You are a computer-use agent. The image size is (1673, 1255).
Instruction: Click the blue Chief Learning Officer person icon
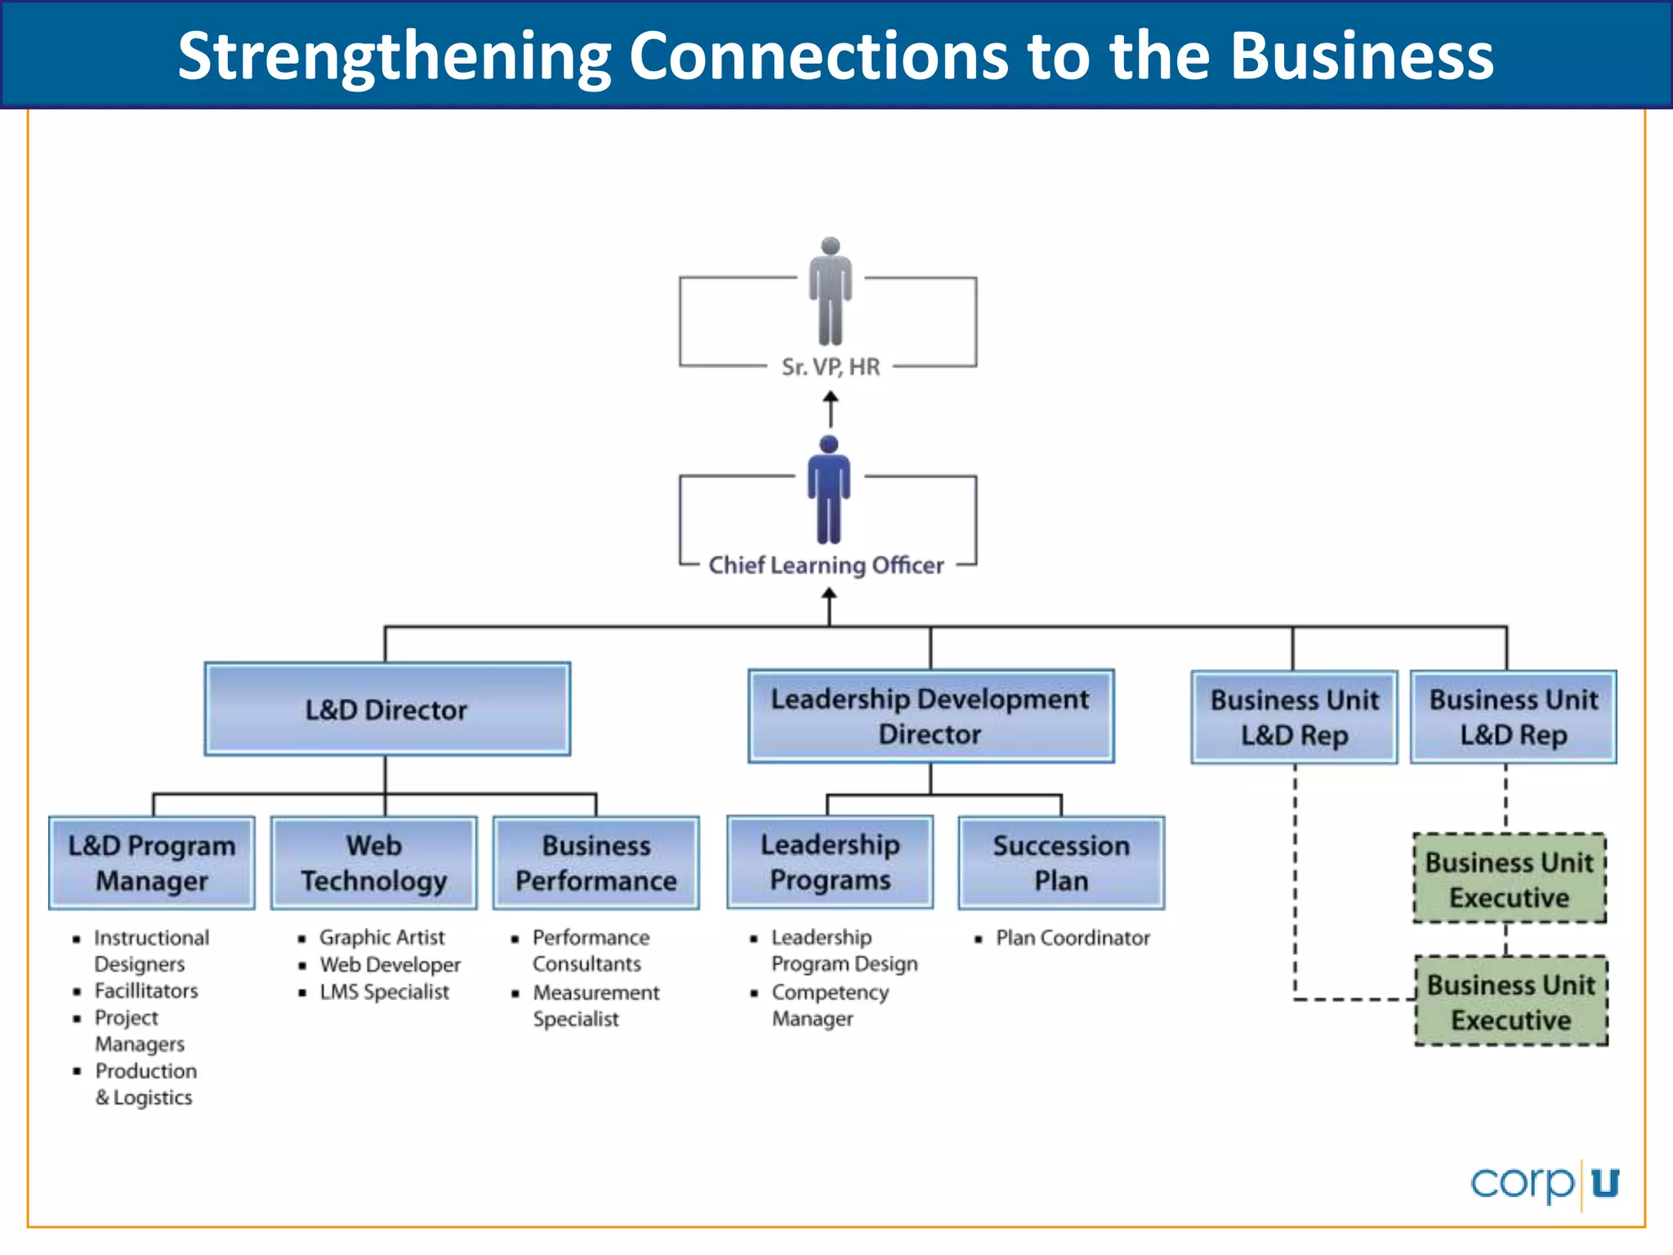(828, 490)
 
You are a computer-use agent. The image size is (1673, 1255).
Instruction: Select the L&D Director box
(387, 709)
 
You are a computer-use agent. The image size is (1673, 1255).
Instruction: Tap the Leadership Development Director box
(930, 717)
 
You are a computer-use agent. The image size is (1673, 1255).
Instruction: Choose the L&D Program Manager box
(152, 863)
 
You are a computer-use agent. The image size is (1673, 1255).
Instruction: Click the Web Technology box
(374, 863)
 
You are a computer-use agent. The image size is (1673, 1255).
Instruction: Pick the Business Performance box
(596, 863)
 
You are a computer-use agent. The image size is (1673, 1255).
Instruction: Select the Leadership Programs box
(830, 862)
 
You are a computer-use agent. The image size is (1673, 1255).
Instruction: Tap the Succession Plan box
(1061, 863)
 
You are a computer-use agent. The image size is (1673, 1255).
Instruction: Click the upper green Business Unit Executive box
(1510, 879)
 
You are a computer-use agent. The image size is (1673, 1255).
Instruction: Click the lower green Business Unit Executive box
(1511, 1002)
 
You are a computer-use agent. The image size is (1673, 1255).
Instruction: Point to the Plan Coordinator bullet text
(1072, 938)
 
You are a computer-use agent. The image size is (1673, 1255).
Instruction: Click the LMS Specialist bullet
(384, 992)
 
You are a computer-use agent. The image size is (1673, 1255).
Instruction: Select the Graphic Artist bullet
(381, 937)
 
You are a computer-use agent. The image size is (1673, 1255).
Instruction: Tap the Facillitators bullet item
(146, 991)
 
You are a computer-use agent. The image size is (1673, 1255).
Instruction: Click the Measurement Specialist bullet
(596, 1006)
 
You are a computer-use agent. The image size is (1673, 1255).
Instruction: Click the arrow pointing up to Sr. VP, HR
(831, 409)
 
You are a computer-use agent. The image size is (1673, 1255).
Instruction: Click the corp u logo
(1544, 1183)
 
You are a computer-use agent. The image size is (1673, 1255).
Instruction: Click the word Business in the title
(1362, 56)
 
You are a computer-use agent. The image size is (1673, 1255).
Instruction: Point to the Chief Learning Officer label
(826, 565)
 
